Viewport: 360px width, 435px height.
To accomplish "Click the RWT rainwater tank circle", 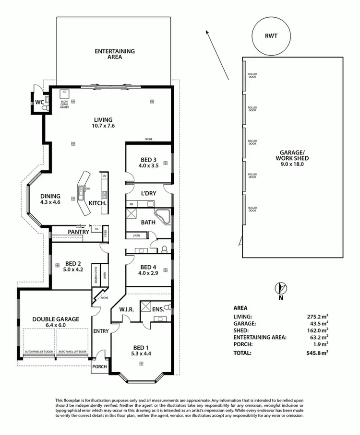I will (271, 35).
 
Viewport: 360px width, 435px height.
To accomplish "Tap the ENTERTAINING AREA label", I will (114, 54).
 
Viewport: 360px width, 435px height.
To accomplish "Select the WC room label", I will (38, 103).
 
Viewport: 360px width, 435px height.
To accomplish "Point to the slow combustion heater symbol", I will (64, 94).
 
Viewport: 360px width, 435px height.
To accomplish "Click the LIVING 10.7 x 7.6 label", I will (103, 123).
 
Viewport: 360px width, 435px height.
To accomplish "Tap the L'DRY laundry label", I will (149, 193).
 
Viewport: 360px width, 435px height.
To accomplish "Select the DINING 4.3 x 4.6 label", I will (50, 199).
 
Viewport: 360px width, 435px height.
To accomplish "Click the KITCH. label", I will (97, 203).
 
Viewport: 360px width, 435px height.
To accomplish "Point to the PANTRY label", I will (78, 232).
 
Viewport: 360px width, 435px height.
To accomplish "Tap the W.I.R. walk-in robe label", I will (126, 309).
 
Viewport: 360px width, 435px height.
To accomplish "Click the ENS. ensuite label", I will (159, 309).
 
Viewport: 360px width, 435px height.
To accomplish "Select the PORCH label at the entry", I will (100, 367).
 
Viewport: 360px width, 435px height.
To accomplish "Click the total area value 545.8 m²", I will (317, 353).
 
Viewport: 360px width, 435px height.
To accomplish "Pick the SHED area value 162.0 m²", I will (317, 330).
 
